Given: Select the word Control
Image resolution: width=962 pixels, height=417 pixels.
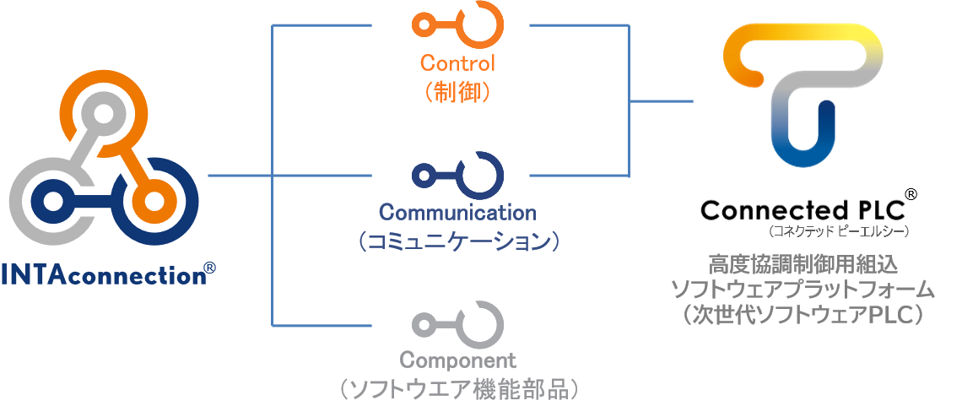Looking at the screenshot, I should [x=457, y=62].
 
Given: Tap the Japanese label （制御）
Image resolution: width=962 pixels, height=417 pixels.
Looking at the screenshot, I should [x=457, y=90].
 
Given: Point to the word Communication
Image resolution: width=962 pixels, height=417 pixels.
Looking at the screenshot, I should [x=457, y=212].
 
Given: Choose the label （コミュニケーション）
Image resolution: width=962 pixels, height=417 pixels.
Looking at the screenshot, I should [x=457, y=241].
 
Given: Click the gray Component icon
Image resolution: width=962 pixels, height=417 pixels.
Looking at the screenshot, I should [x=457, y=322].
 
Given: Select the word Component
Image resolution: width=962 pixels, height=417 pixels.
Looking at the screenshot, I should [x=457, y=360].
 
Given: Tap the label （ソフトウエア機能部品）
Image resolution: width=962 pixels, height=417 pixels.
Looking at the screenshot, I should [x=457, y=390].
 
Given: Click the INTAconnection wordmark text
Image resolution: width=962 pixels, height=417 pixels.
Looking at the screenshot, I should [x=101, y=275].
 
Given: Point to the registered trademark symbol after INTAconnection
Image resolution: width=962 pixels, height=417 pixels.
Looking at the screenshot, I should [x=209, y=269].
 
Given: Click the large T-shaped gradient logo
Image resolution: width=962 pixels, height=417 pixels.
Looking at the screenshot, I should [x=802, y=93].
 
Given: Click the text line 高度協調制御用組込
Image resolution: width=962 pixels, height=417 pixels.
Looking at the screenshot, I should [x=803, y=263].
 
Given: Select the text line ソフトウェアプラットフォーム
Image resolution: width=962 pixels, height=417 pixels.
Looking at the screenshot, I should [x=803, y=289].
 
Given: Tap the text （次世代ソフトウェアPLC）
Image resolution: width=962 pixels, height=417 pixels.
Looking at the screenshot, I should [x=803, y=314].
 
